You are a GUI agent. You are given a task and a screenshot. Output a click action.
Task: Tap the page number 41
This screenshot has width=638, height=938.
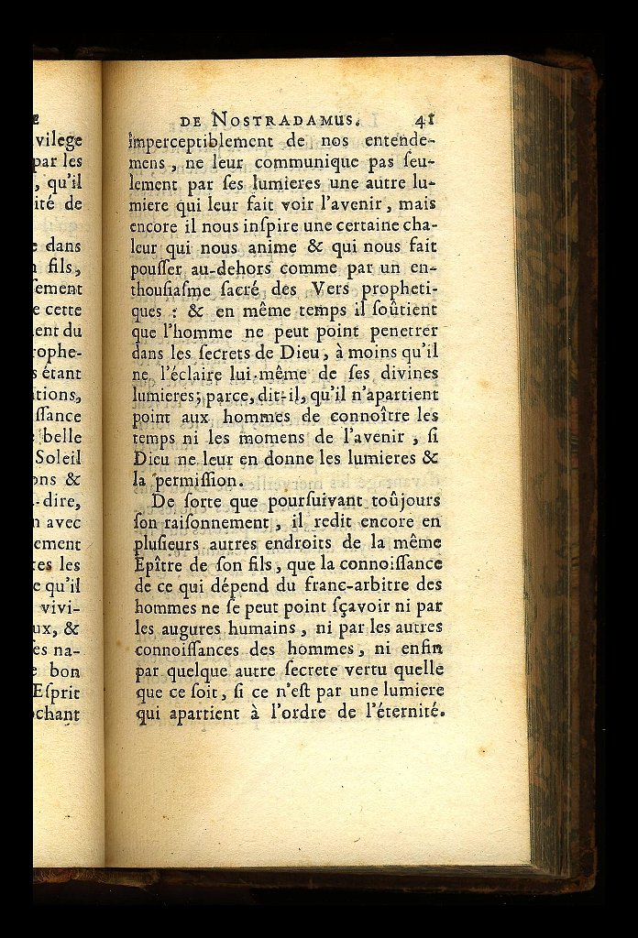pyautogui.click(x=423, y=118)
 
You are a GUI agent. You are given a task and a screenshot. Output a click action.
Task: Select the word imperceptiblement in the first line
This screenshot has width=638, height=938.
pyautogui.click(x=201, y=142)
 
